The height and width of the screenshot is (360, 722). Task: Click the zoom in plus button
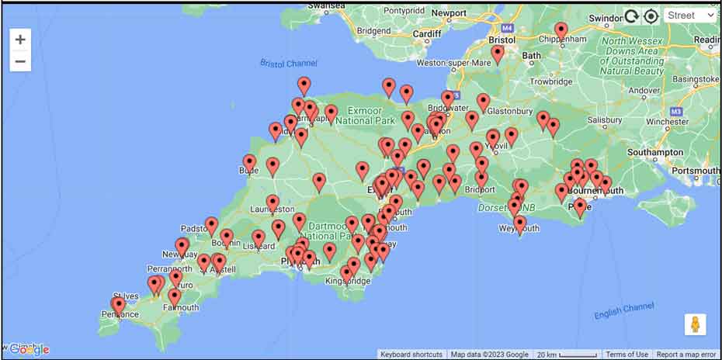coord(20,40)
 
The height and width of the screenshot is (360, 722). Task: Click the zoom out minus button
coord(20,61)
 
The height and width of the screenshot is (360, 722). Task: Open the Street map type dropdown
coord(690,16)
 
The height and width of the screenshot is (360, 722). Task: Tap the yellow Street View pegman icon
coord(695,324)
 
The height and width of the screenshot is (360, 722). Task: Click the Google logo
coord(30,350)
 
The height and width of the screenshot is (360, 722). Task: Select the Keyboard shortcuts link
coord(411,355)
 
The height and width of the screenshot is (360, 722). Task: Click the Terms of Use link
coord(627,355)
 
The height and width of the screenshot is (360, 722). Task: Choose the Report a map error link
coord(686,355)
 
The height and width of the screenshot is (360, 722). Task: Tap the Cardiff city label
coord(426,34)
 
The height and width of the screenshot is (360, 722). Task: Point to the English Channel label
coord(623,310)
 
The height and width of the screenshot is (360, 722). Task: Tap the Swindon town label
coord(606,18)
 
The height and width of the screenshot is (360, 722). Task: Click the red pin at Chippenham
coord(561,31)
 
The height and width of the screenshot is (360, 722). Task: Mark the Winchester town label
coord(667,122)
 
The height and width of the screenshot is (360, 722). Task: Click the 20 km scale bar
coord(568,355)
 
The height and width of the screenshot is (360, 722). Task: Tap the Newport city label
coord(450,13)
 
